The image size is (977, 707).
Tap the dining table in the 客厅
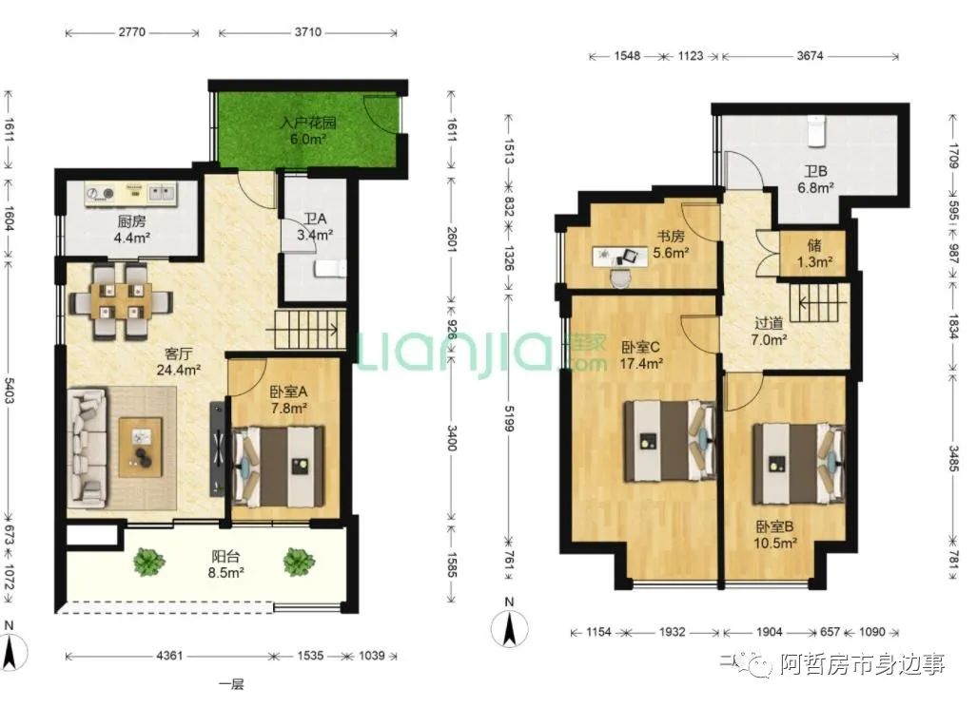pyautogui.click(x=122, y=301)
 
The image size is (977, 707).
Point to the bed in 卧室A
pyautogui.click(x=278, y=466)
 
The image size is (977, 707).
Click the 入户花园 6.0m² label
pyautogui.click(x=308, y=130)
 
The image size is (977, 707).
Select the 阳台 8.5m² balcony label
pyautogui.click(x=225, y=564)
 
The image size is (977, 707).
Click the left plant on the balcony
pyautogui.click(x=149, y=562)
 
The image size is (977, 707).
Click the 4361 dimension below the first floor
pyautogui.click(x=169, y=656)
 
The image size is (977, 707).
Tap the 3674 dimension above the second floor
pyautogui.click(x=810, y=56)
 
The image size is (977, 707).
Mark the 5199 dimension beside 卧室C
pyautogui.click(x=509, y=418)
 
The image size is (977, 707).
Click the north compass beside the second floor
pyautogui.click(x=509, y=624)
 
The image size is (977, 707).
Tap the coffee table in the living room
pyautogui.click(x=140, y=447)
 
